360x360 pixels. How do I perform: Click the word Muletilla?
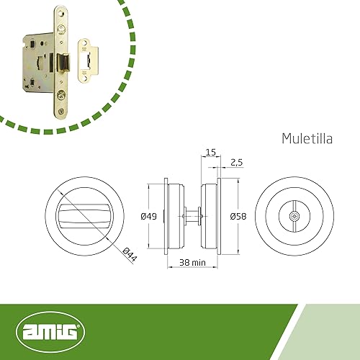pos(307,138)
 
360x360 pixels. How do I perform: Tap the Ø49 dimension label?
pos(149,217)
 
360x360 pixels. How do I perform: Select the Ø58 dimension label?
pos(238,217)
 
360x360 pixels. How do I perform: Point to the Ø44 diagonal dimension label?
pos(130,254)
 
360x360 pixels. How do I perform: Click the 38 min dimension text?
pos(192,263)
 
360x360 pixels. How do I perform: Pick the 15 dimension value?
pos(211,153)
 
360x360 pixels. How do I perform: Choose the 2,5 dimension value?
pos(237,163)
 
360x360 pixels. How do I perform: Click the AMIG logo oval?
pos(50,332)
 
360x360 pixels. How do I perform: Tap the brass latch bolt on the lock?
pos(63,63)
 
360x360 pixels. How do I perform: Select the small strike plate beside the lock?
pos(88,60)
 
